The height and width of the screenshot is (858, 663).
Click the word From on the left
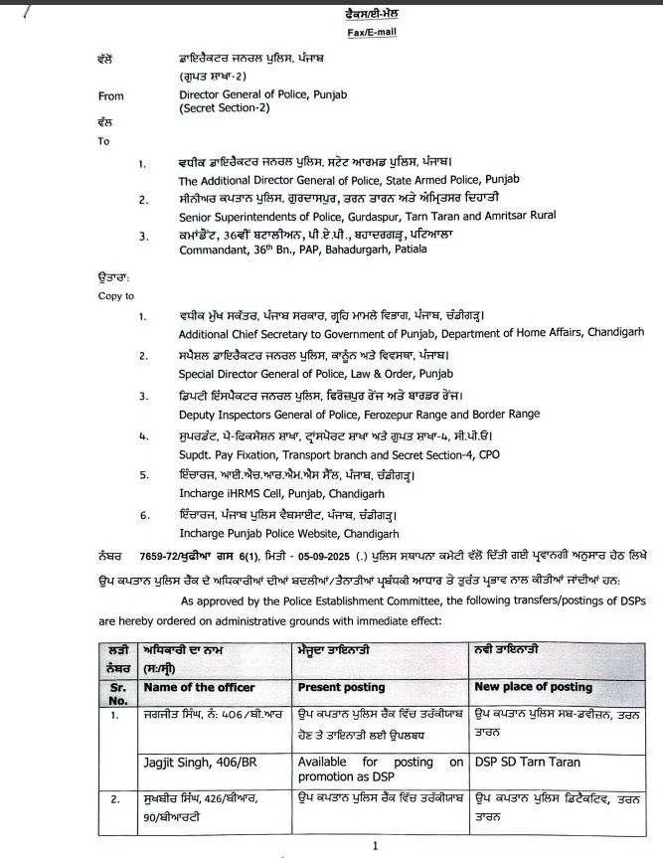[x=111, y=96]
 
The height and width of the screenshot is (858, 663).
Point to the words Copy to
[x=116, y=295]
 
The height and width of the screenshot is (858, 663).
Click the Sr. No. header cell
[x=117, y=693]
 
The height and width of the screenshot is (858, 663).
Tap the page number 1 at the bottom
[x=376, y=846]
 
